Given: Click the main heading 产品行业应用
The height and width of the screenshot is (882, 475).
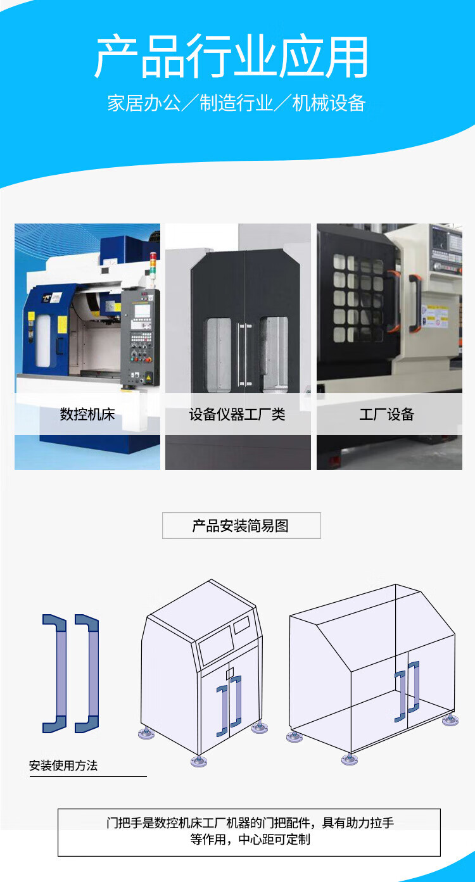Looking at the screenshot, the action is point(232,58).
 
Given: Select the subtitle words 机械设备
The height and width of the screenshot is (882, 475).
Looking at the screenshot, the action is point(329,103).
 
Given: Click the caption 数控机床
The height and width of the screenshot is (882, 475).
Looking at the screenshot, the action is point(87,415).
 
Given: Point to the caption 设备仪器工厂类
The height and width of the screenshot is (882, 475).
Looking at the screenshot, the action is point(237,415).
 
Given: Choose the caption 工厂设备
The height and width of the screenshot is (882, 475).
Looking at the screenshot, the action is point(387,415).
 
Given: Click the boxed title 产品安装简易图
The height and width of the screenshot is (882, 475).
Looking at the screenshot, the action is point(241,526).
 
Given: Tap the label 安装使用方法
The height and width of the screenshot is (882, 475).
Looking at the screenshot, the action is point(63,765).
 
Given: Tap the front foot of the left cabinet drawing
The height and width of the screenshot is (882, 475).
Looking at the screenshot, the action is point(199,760).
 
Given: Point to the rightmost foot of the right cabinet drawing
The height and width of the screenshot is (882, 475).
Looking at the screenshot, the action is point(450,721).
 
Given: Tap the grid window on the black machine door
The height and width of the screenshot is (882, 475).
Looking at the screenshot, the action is point(358,298).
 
